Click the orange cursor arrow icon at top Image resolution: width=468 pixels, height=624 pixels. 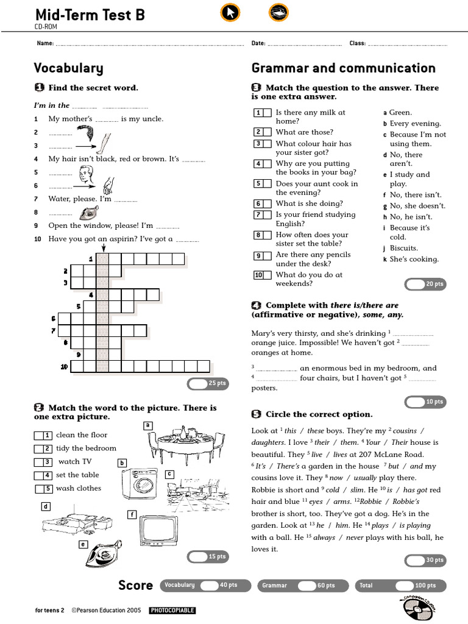click(x=230, y=13)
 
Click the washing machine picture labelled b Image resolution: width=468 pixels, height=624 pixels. click(x=140, y=484)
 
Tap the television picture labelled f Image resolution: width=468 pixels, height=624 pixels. click(x=159, y=531)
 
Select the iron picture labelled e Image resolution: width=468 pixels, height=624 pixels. click(x=104, y=553)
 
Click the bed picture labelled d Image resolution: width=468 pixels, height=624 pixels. click(x=77, y=520)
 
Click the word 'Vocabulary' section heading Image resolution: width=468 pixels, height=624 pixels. click(x=68, y=68)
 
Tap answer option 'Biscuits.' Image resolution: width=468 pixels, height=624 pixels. click(x=403, y=249)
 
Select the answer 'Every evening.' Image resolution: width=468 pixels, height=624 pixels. click(x=415, y=124)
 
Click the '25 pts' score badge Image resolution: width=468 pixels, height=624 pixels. click(x=208, y=384)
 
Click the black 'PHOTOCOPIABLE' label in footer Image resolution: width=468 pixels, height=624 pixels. click(x=172, y=610)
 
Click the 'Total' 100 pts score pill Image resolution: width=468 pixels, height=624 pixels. click(x=400, y=586)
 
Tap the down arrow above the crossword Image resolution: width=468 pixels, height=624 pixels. click(x=104, y=247)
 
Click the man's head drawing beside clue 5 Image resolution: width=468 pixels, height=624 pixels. click(x=86, y=175)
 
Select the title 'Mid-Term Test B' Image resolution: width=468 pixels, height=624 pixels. click(x=90, y=15)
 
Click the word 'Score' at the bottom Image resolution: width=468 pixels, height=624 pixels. click(x=135, y=585)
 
